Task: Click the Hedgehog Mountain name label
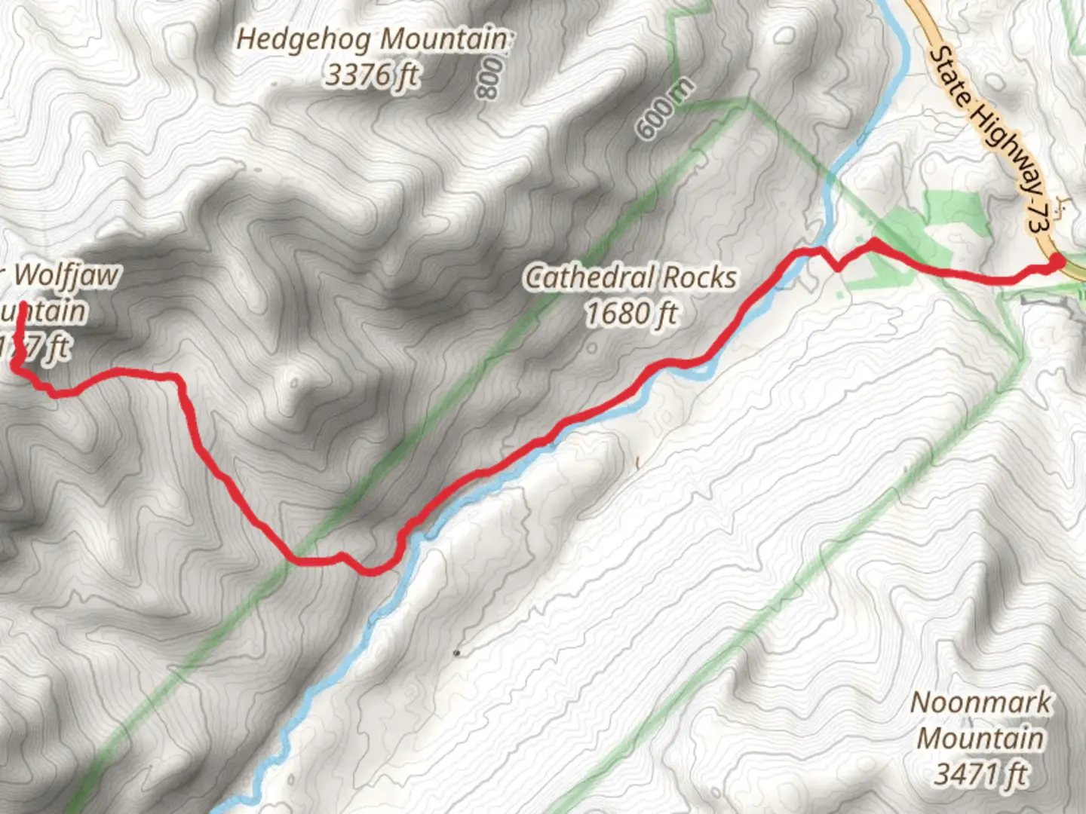coord(373,39)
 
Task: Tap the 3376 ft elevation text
coord(372,75)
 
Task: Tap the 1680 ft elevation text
coord(631,314)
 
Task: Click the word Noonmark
coord(980,702)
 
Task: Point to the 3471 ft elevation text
coord(980,774)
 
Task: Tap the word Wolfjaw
coord(66,275)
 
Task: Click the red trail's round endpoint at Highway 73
coord(1057,261)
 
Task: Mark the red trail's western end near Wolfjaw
coord(23,305)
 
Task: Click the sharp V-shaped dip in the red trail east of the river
coord(838,267)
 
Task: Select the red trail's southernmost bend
coord(370,571)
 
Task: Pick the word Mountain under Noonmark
coord(980,738)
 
